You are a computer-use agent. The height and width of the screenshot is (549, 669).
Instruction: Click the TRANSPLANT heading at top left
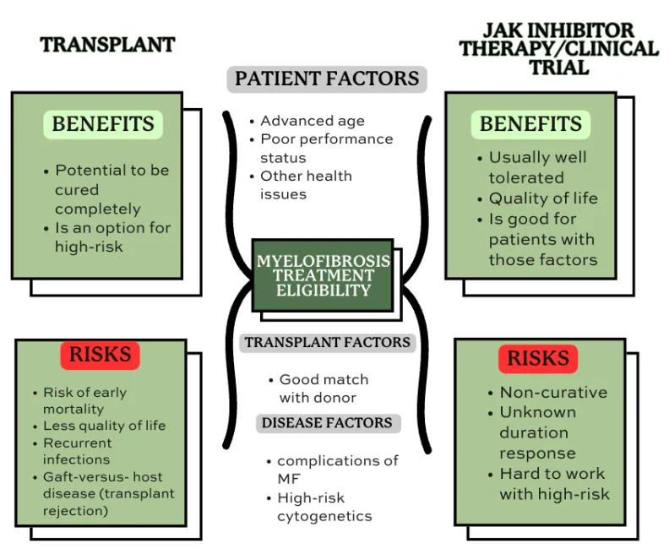coord(107,46)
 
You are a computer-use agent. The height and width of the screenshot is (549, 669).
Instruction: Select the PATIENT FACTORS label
coord(327,79)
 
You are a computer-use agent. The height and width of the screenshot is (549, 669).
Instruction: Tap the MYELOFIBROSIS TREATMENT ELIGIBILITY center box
coord(324,275)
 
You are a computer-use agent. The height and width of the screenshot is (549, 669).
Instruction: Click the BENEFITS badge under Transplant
coord(103,124)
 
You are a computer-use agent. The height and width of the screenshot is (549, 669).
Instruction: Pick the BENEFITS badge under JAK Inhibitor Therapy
coord(530,124)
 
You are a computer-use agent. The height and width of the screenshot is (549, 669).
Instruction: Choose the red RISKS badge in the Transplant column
coord(100,355)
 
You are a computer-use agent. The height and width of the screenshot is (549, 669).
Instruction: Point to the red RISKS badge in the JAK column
coord(538,358)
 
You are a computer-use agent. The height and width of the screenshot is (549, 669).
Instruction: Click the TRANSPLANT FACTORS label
coord(328,343)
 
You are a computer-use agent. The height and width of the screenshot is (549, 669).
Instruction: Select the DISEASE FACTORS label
coord(327,422)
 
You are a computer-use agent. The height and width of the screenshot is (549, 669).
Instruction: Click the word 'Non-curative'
coord(552,392)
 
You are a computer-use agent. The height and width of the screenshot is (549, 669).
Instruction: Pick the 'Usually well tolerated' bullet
coord(536,167)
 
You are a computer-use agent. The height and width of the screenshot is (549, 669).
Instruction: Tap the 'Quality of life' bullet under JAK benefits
coord(542,198)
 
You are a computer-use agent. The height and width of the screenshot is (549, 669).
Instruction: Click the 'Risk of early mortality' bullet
coord(84,400)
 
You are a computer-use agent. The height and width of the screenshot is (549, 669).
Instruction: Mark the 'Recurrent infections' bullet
coord(77,451)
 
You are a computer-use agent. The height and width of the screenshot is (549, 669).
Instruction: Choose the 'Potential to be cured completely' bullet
coord(111,189)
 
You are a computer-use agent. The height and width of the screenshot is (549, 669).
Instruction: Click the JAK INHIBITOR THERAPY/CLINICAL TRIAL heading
coord(558,48)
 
